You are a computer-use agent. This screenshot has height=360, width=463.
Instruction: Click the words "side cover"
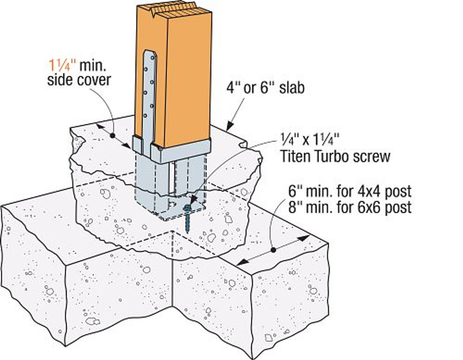pyautogui.click(x=78, y=80)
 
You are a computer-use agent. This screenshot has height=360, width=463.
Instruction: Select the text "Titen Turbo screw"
pyautogui.click(x=335, y=157)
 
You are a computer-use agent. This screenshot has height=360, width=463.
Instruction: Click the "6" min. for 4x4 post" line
pyautogui.click(x=349, y=191)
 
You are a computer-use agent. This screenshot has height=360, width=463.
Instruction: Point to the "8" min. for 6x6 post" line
pyautogui.click(x=349, y=207)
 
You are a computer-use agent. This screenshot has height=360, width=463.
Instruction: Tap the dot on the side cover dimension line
pyautogui.click(x=113, y=136)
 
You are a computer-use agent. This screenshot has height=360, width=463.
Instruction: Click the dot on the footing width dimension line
pyautogui.click(x=273, y=250)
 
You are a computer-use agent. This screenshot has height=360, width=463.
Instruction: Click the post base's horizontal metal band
pyautogui.click(x=181, y=152)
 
